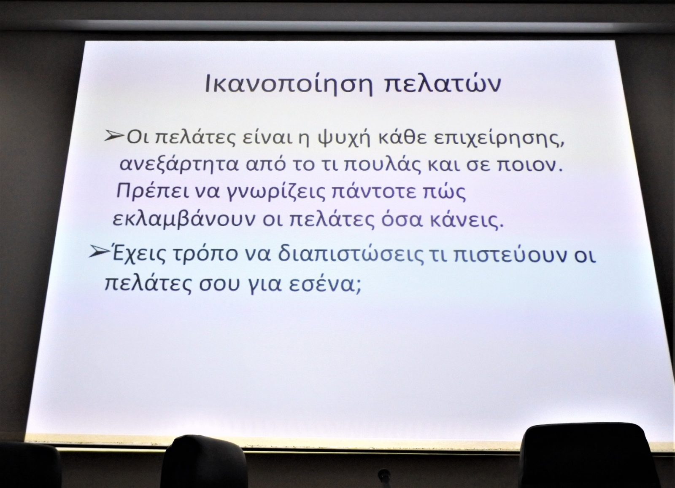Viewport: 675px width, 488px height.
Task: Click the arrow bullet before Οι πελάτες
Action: click(114, 136)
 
